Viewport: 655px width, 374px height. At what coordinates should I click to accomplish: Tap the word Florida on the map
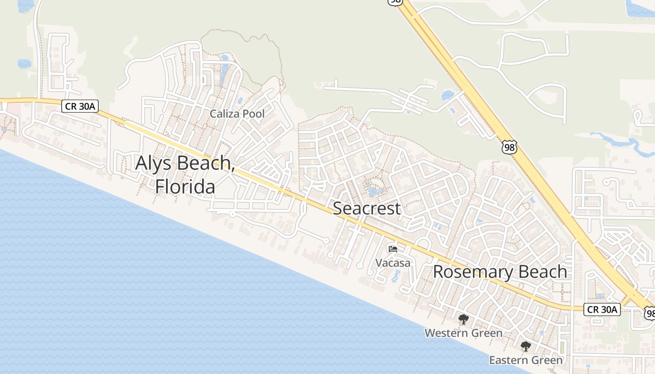185,187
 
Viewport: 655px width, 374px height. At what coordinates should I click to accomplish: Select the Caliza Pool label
237,114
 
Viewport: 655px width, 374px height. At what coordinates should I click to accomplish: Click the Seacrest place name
367,209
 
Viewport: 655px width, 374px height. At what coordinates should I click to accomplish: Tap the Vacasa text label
393,263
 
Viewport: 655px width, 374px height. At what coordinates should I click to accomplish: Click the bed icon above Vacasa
393,249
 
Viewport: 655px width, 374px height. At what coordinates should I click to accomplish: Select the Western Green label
463,333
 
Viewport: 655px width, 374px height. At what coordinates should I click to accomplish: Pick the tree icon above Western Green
463,320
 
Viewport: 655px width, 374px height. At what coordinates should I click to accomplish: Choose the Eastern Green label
526,360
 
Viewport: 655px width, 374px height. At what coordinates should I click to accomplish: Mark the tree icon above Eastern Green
526,346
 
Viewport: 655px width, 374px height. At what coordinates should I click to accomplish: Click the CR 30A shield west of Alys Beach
80,107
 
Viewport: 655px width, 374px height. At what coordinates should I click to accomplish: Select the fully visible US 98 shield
509,147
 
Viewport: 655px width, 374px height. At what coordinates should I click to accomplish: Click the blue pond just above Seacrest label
375,191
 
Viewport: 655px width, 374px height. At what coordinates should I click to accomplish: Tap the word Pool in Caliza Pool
253,114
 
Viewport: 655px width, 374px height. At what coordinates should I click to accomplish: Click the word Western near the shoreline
445,333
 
